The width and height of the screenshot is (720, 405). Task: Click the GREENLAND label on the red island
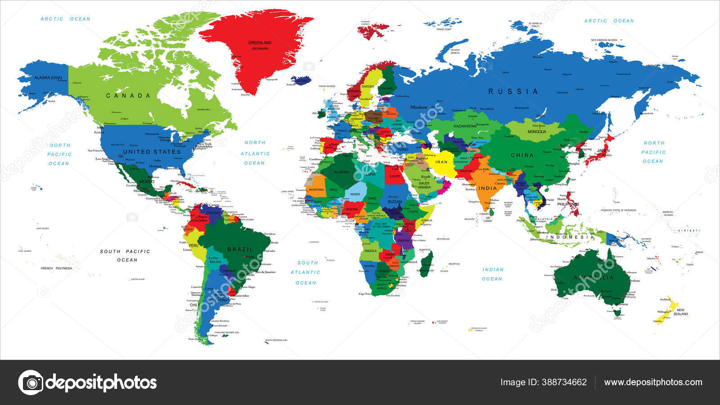260,43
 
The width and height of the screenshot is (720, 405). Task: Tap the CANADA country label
128,95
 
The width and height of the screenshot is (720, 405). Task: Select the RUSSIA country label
513,91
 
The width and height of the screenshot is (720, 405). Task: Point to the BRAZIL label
240,249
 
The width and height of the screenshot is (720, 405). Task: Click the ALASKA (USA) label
48,78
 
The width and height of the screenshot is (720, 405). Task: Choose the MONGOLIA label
537,131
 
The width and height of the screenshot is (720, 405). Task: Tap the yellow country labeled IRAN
441,162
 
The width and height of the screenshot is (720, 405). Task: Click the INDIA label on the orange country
487,188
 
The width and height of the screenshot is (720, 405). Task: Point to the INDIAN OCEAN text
492,274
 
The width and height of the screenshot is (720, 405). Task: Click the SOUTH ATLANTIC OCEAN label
306,272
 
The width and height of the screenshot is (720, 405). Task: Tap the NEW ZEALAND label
680,312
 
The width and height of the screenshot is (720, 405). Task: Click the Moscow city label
418,107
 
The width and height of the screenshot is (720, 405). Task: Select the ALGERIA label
341,172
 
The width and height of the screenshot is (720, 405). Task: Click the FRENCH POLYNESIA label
56,268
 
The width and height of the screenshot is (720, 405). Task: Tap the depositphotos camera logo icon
31,382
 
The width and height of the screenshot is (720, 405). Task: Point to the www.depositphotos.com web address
653,382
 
